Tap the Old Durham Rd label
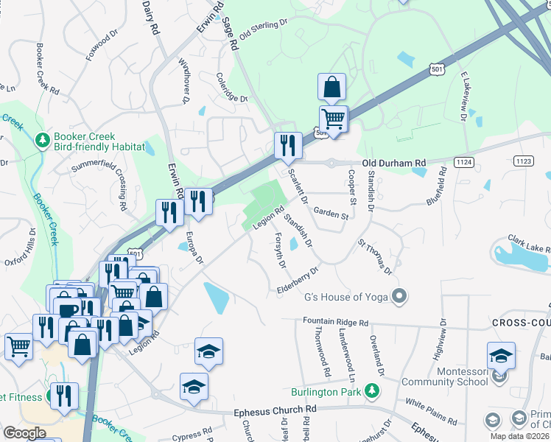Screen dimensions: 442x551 pyautogui.click(x=393, y=163)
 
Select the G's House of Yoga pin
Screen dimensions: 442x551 pyautogui.click(x=400, y=297)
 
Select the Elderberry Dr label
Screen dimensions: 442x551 pyautogui.click(x=298, y=280)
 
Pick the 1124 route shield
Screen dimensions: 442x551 pyautogui.click(x=464, y=161)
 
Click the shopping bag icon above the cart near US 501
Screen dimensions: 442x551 pyautogui.click(x=332, y=87)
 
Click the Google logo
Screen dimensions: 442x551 pyautogui.click(x=25, y=433)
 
